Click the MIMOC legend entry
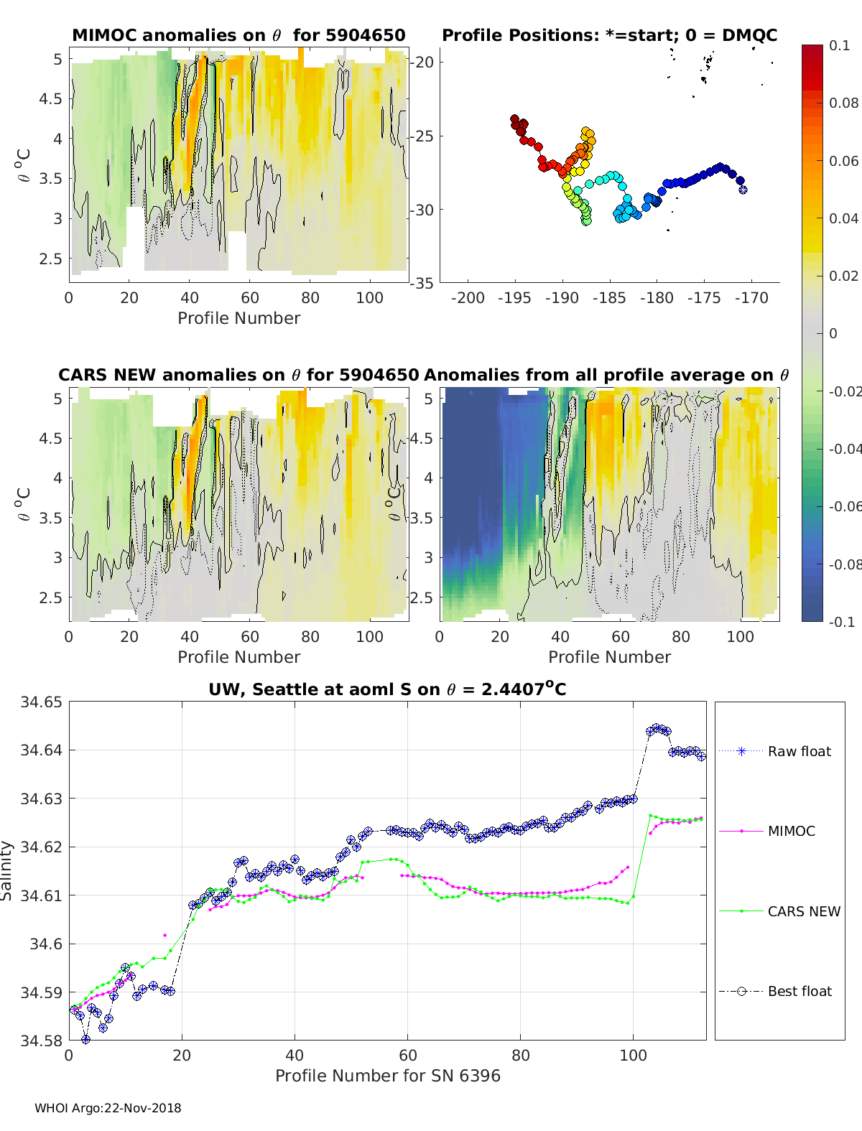pyautogui.click(x=791, y=831)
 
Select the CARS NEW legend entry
pyautogui.click(x=803, y=911)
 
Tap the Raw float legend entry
pyautogui.click(x=799, y=751)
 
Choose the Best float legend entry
pyautogui.click(x=800, y=991)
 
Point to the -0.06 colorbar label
pyautogui.click(x=844, y=506)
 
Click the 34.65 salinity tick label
pyautogui.click(x=42, y=702)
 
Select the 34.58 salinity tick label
pyautogui.click(x=42, y=1040)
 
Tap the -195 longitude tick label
pyautogui.click(x=514, y=298)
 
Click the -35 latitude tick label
pyautogui.click(x=422, y=283)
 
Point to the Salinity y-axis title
pyautogui.click(x=6, y=870)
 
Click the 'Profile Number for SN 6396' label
pyautogui.click(x=387, y=1075)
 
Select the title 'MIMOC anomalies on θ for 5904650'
pyautogui.click(x=238, y=35)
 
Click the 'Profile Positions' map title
pyautogui.click(x=609, y=35)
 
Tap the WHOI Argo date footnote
pyautogui.click(x=108, y=1108)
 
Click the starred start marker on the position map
pyautogui.click(x=743, y=190)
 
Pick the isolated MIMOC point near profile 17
pyautogui.click(x=165, y=935)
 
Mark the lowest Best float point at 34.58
pyautogui.click(x=86, y=1039)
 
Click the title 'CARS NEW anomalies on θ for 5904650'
pyautogui.click(x=238, y=375)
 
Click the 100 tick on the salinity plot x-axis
pyautogui.click(x=633, y=1055)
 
